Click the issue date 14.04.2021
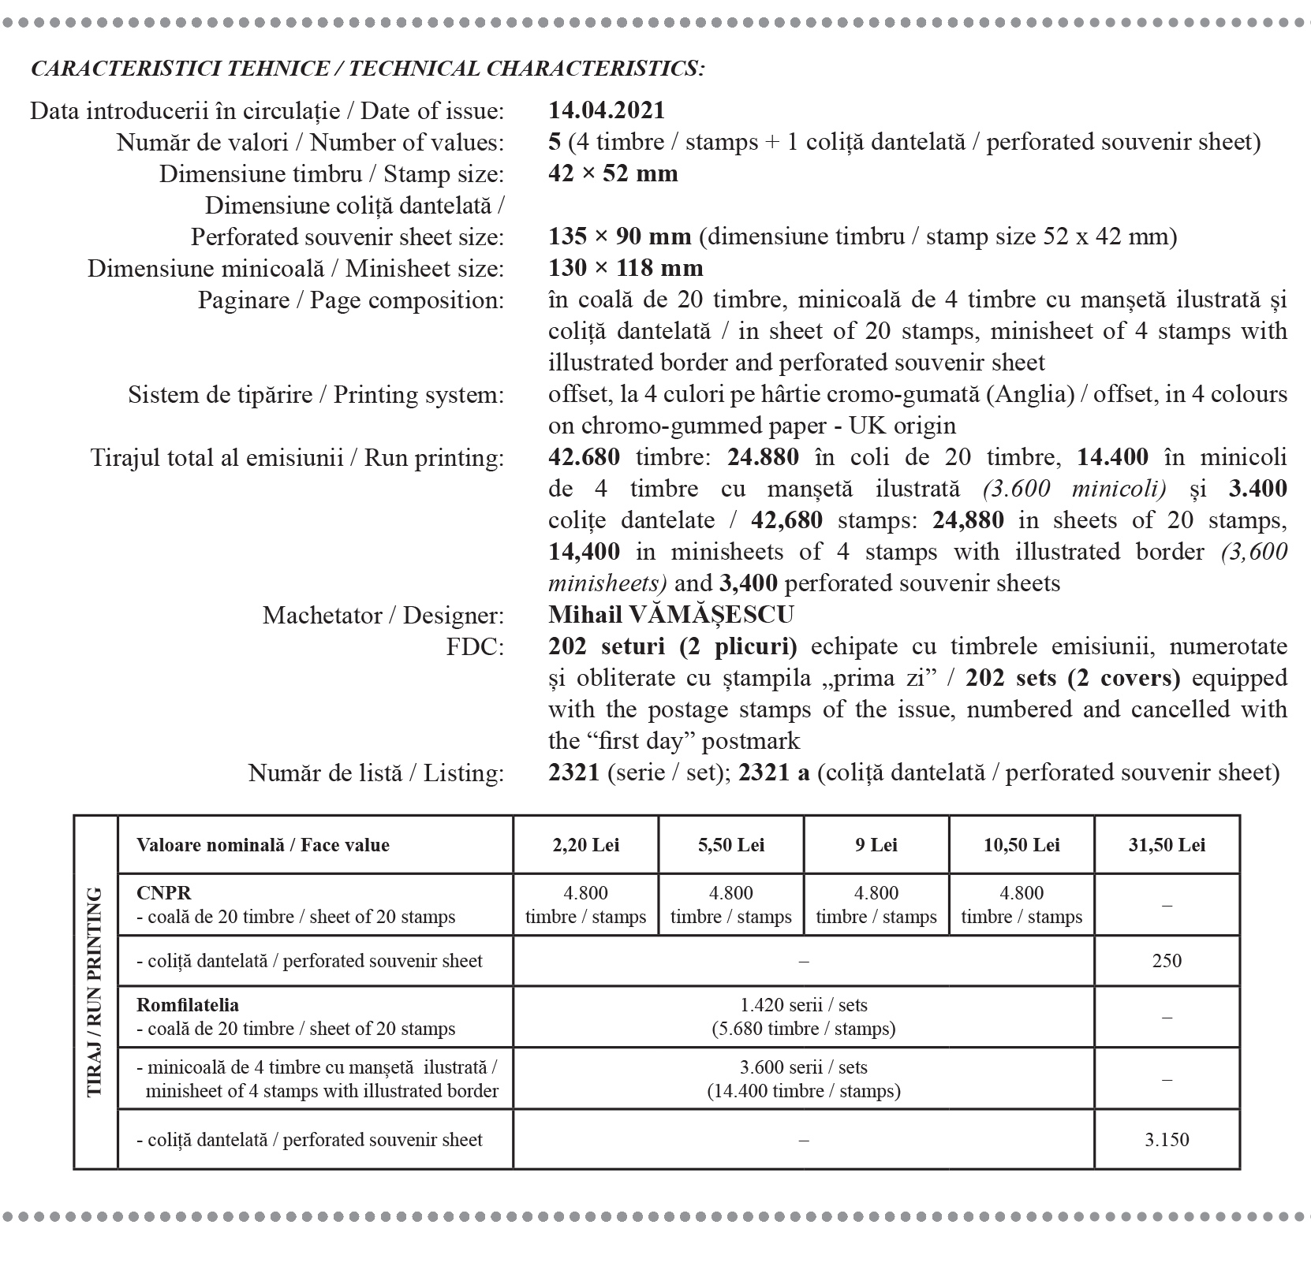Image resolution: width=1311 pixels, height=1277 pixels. (x=607, y=110)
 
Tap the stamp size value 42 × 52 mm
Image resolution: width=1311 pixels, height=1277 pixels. (x=613, y=173)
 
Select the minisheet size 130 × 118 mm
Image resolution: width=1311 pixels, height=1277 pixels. (x=626, y=268)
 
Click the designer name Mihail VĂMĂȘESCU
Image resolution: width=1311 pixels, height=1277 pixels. (x=671, y=614)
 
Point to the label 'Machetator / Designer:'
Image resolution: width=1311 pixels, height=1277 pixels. (x=383, y=615)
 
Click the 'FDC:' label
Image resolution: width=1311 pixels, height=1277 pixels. (x=475, y=647)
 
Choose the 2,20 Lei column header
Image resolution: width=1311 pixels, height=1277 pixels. (x=585, y=845)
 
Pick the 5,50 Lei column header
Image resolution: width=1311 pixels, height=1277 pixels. (x=730, y=845)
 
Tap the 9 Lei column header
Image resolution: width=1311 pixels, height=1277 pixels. (x=876, y=845)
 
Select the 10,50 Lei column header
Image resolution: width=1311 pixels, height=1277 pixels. (x=1022, y=845)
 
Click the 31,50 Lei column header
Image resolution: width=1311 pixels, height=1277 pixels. (x=1167, y=845)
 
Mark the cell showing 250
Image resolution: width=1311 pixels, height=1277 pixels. (x=1167, y=961)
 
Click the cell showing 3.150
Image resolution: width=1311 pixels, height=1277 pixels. (x=1167, y=1139)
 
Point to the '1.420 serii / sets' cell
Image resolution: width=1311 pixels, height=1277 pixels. (x=803, y=1017)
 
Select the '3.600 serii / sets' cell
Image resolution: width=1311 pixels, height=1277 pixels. (x=803, y=1079)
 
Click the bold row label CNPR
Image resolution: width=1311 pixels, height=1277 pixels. (x=164, y=893)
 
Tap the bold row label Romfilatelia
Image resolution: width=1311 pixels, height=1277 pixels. (x=188, y=1005)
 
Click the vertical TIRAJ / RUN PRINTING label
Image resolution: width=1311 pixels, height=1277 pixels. (x=95, y=992)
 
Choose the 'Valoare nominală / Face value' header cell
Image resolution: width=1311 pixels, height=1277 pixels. (x=263, y=845)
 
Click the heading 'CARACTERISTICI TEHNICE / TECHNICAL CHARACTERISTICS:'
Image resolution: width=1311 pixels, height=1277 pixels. (x=368, y=69)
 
